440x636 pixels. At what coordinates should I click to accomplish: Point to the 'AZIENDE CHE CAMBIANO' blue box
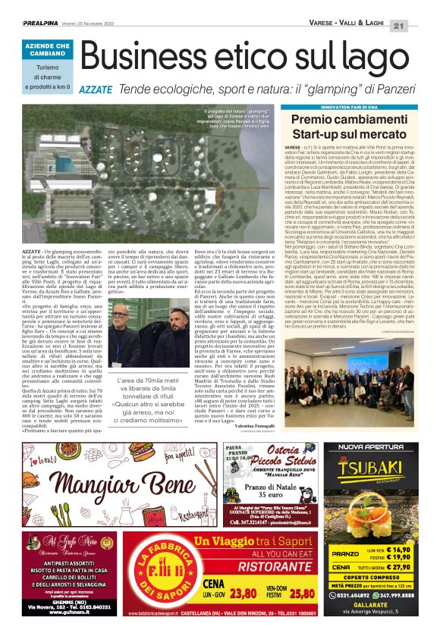[x=48, y=51]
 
